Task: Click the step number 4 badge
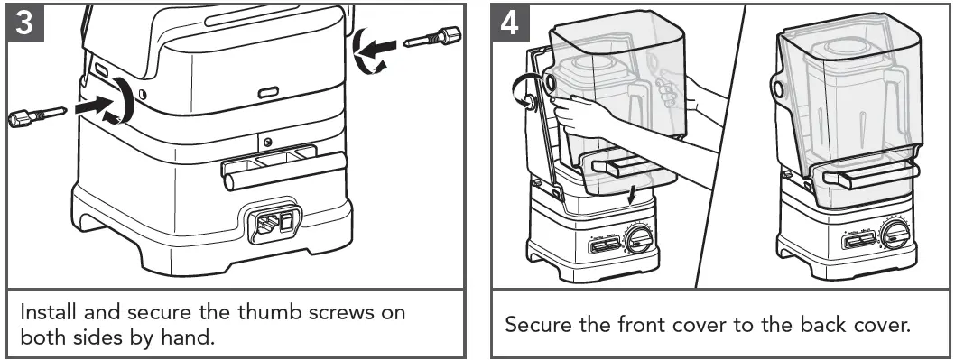point(510,23)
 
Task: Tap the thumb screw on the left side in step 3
point(36,115)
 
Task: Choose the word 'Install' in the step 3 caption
point(48,312)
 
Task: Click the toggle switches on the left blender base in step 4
point(604,245)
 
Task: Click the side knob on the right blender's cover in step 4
point(778,89)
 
